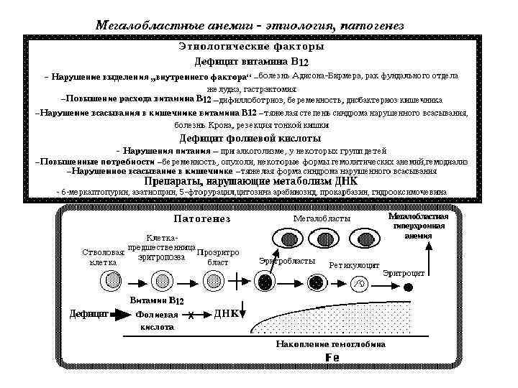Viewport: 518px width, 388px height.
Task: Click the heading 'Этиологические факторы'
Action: pos(251,47)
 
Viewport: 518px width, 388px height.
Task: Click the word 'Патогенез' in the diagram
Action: pos(201,218)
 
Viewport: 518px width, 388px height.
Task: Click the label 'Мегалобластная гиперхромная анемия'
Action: pos(418,226)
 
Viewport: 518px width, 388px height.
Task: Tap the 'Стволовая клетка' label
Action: pos(103,257)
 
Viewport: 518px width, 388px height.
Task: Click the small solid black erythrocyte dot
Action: pos(409,287)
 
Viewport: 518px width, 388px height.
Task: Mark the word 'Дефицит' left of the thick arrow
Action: pos(88,314)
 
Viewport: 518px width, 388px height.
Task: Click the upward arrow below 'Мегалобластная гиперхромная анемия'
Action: pos(430,254)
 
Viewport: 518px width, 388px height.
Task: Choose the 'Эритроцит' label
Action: pos(403,273)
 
